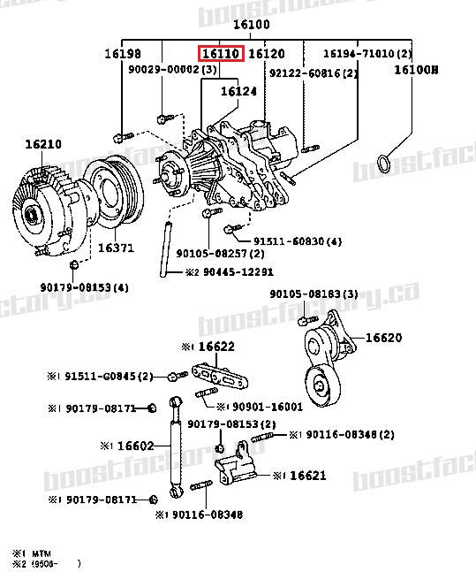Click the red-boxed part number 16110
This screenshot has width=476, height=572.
[220, 54]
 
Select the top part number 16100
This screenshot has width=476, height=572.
[251, 25]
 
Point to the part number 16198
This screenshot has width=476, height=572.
[122, 54]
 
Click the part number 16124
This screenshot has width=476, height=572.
[238, 90]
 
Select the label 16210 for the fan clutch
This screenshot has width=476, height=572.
[43, 143]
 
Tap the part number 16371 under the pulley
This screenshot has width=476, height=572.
[116, 248]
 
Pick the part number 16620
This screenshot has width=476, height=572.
[383, 337]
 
